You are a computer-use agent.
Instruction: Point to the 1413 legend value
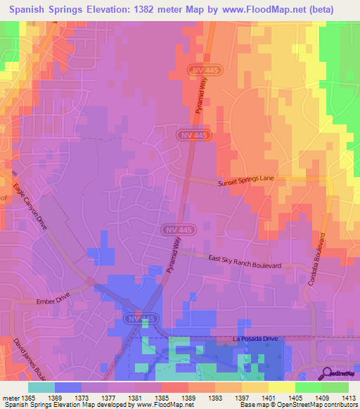pos(344,397)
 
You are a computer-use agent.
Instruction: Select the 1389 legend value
pos(188,397)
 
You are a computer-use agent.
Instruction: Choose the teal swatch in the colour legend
pos(41,387)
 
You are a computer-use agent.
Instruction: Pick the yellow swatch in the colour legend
pos(281,387)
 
